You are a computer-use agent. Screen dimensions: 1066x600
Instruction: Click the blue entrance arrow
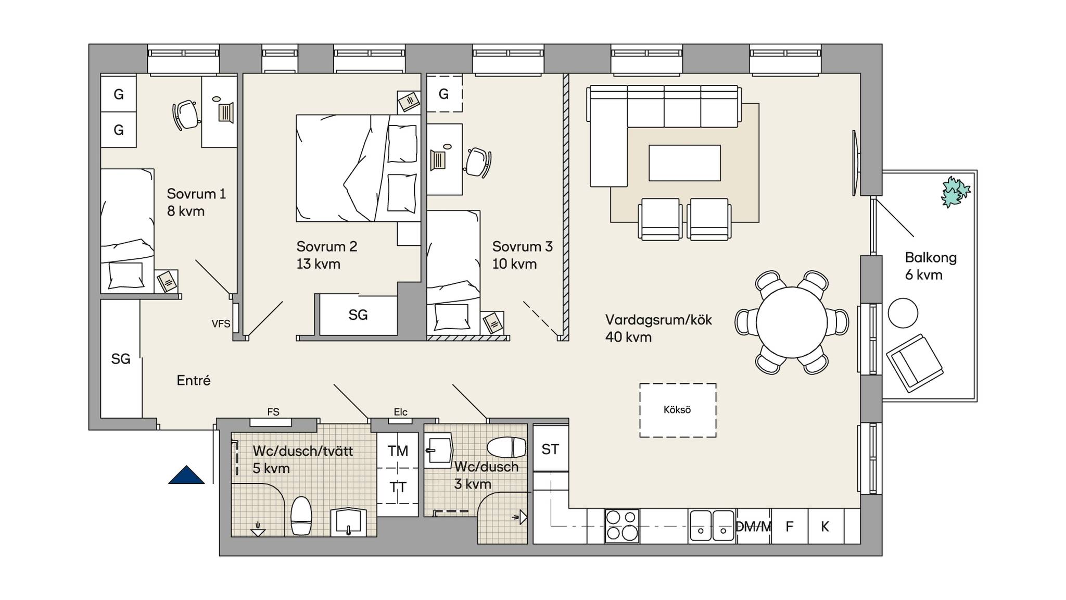coord(186,475)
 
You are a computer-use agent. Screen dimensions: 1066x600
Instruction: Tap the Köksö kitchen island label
coord(677,410)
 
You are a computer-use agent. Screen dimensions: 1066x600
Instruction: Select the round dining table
coord(791,322)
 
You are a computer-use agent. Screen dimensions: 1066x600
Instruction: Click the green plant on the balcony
coord(955,192)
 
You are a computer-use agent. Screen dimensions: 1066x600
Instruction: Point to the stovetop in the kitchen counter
coord(622,526)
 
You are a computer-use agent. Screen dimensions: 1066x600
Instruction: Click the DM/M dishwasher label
coord(753,527)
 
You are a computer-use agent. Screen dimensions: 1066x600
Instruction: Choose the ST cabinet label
coord(550,449)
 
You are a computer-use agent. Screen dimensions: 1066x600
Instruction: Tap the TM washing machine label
coord(398,451)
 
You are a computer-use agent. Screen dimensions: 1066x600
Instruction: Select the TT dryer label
coord(398,488)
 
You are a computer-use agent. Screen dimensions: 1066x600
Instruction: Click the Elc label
coord(400,412)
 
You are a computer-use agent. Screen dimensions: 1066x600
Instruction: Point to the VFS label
coord(221,324)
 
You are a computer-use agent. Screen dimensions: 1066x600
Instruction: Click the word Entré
coord(194,381)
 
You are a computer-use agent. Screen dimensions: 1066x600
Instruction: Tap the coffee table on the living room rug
coord(684,163)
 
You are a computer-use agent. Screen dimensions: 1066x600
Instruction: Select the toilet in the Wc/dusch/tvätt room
coord(301,516)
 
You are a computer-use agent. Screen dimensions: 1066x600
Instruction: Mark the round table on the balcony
coord(903,313)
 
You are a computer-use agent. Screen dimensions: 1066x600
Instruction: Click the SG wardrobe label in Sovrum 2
coord(358,315)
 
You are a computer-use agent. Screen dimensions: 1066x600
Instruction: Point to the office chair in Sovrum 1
coord(186,115)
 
